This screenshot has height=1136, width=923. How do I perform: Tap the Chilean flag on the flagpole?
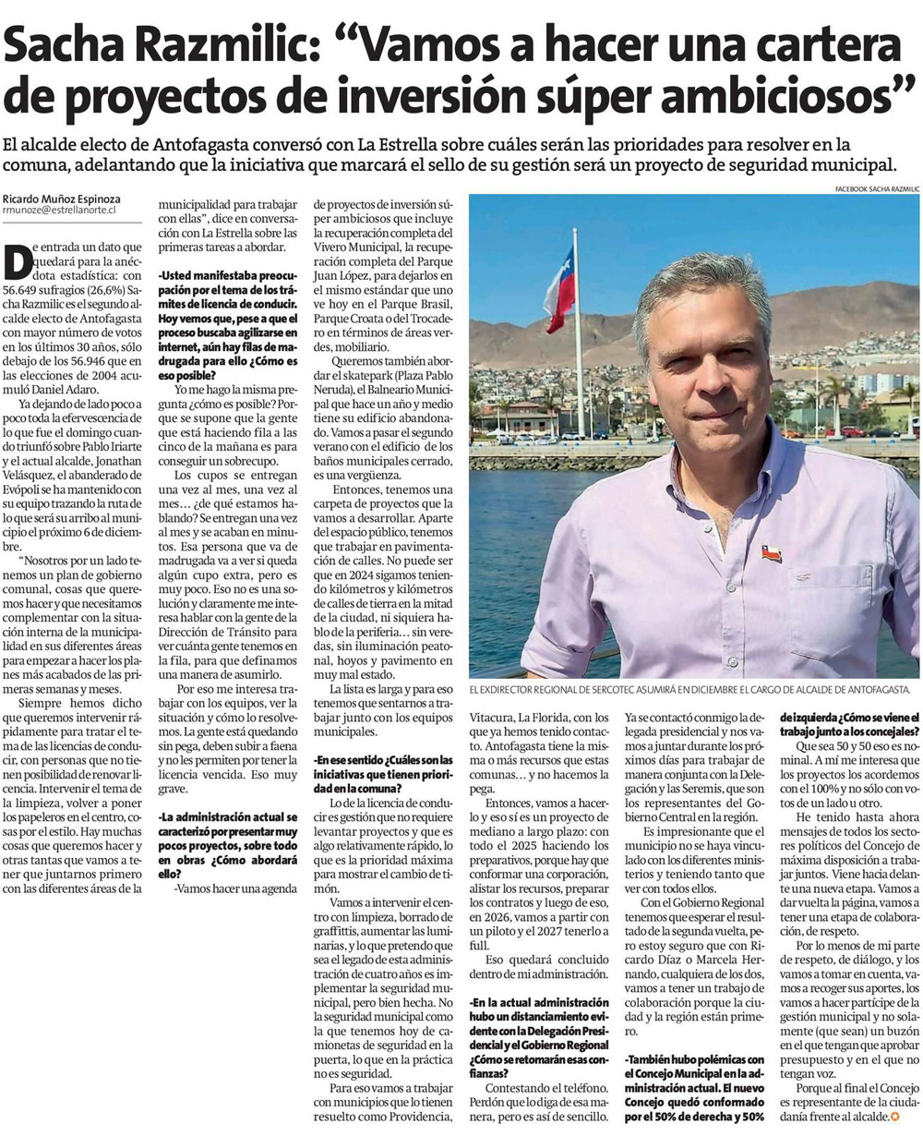point(559,289)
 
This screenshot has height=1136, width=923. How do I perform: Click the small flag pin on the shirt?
point(771,554)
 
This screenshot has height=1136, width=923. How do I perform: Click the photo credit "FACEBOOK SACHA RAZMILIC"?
point(876,188)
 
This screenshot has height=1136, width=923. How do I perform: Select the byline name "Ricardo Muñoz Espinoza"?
point(61,199)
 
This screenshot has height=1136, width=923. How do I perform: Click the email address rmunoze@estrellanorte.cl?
point(58,211)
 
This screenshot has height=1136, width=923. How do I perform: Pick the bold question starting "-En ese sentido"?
point(383,774)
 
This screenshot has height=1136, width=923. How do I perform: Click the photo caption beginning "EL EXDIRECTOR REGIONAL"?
point(689,690)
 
